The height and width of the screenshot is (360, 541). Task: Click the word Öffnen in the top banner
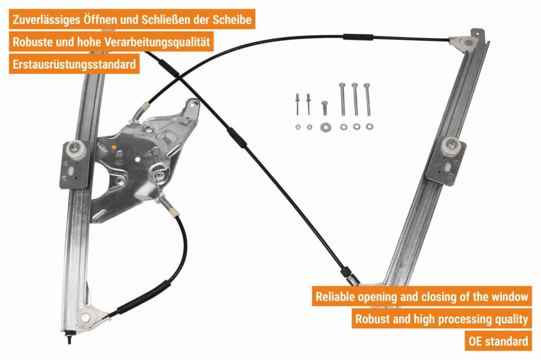(99, 20)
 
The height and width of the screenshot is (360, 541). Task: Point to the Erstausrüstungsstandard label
(74, 64)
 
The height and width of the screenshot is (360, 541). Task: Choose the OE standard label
(498, 341)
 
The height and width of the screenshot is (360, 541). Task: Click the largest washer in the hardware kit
(324, 127)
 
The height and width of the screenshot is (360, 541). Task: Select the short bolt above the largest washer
(324, 108)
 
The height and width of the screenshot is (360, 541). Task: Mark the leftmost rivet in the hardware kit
(297, 103)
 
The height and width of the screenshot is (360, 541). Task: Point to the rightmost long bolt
(367, 99)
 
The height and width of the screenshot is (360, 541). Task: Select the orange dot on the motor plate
(114, 148)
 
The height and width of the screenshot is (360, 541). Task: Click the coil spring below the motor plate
(166, 204)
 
